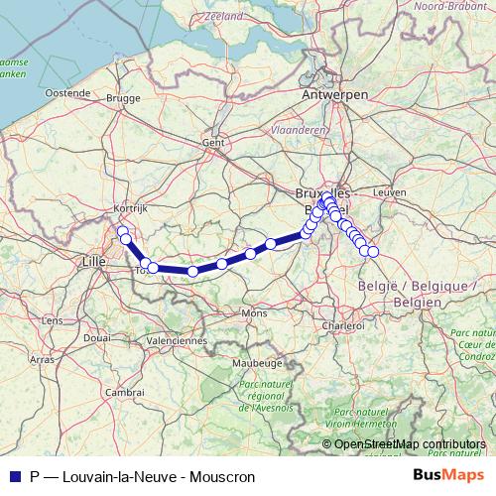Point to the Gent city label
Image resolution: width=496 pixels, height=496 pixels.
[213, 142]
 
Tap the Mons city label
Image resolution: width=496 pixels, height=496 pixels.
[254, 313]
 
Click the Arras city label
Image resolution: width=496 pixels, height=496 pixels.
[42, 359]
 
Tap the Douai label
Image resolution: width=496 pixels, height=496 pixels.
[97, 337]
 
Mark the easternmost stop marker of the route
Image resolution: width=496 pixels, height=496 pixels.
[373, 252]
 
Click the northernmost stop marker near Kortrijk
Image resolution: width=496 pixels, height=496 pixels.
[122, 232]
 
